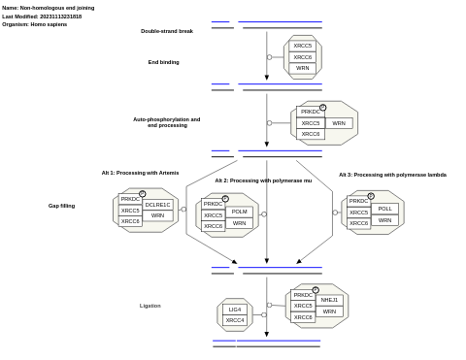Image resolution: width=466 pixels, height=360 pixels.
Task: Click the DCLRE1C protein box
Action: coord(157,205)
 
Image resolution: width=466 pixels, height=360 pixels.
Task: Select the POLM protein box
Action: coord(239,212)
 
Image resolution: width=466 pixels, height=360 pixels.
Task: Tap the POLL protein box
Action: coord(384,209)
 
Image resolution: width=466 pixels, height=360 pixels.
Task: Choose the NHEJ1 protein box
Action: coord(329,300)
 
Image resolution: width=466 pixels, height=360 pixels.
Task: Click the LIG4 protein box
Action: coord(235,310)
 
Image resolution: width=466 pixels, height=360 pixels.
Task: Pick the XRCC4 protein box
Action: coord(235,320)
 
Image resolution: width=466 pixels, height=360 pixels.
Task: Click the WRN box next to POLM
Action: coord(239,223)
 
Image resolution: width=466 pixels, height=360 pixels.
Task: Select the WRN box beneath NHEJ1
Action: coord(329,311)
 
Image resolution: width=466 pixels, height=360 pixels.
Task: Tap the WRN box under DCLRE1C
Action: coord(157,215)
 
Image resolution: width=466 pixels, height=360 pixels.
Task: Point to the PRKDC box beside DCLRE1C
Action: coord(130,199)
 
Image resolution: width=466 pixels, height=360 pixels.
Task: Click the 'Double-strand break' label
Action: coord(167,31)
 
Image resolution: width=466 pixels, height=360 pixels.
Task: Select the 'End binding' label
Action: coord(163,62)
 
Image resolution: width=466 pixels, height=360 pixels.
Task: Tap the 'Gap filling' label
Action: coord(61,206)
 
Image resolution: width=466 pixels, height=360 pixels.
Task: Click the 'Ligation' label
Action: coord(150,306)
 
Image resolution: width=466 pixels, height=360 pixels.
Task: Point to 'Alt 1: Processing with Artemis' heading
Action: coord(140,173)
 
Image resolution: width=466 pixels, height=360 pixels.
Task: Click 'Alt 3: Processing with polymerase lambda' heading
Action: coord(392,175)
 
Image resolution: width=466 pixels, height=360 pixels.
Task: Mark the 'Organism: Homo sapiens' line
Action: coord(34,24)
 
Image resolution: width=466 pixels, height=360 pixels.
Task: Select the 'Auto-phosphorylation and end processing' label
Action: coord(166,122)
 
